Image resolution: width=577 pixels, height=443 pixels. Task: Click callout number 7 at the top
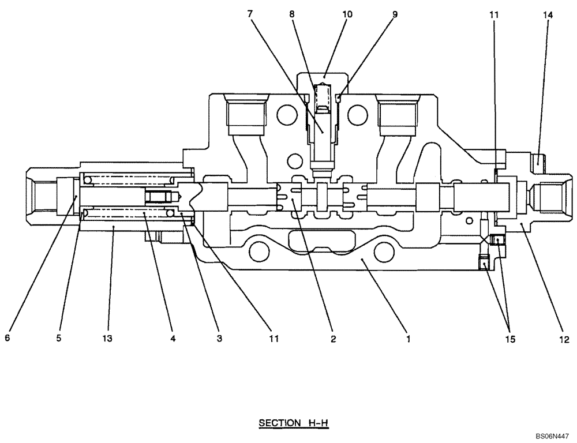point(249,15)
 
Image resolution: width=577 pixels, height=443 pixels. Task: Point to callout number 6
point(8,339)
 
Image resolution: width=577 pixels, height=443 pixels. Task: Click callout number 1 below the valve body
point(408,339)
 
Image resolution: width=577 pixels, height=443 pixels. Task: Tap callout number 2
point(333,339)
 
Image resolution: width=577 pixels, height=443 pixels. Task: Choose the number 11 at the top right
point(494,16)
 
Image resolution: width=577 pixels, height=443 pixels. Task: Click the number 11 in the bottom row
point(273,339)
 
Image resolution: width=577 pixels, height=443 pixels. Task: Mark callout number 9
point(395,15)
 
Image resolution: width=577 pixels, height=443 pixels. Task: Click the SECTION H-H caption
point(293,423)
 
